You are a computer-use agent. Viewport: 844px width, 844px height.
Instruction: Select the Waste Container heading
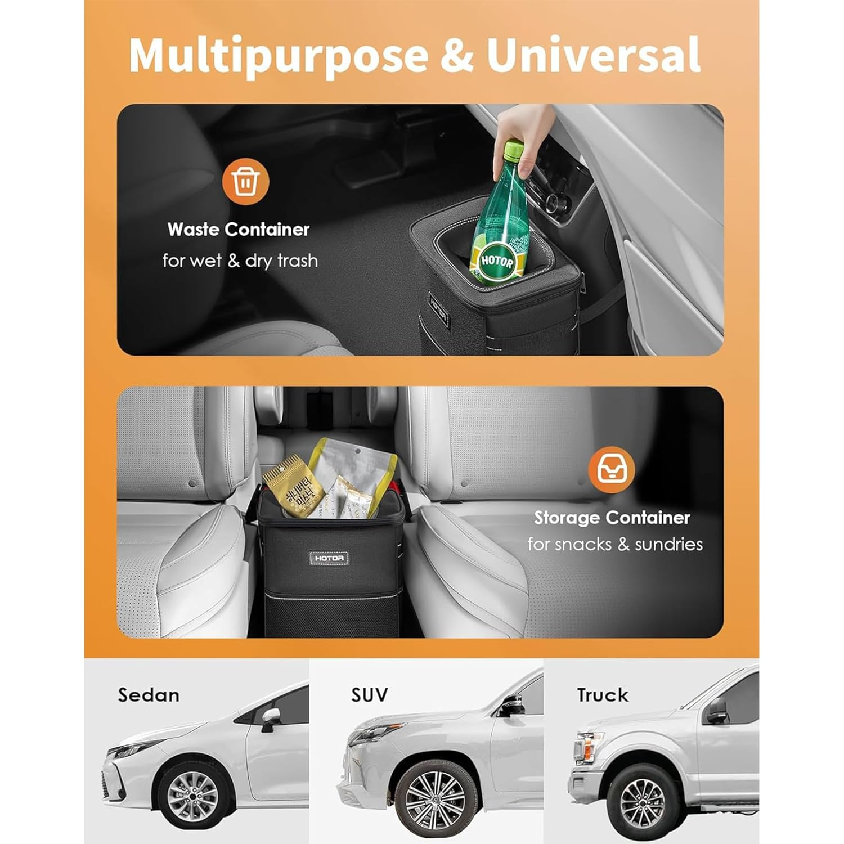coord(239,230)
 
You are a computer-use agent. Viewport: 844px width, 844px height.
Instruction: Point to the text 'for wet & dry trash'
coord(240,261)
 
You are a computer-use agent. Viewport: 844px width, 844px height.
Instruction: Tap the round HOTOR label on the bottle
coord(497,262)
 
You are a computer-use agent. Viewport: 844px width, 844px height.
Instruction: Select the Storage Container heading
coord(612,518)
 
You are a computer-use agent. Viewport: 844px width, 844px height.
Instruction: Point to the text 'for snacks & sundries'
coord(615,545)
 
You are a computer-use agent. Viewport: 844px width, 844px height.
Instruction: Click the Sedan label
coord(149,695)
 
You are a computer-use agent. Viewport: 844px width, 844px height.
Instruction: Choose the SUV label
coord(370,695)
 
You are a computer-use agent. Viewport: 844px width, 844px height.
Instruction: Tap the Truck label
coord(603,695)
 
